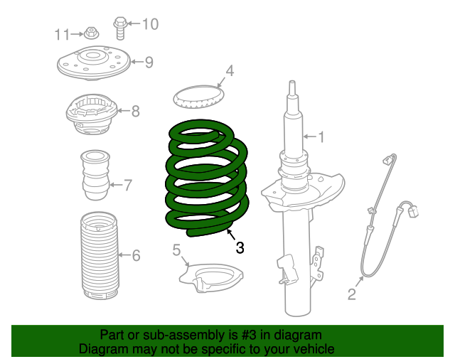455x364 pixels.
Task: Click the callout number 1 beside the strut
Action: pyautogui.click(x=320, y=135)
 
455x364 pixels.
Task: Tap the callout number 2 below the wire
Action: pyautogui.click(x=351, y=294)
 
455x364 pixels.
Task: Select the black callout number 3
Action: pyautogui.click(x=240, y=247)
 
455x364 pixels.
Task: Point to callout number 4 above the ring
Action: pyautogui.click(x=229, y=70)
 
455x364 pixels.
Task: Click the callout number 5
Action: pyautogui.click(x=176, y=250)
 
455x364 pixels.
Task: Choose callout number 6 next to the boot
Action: pyautogui.click(x=136, y=255)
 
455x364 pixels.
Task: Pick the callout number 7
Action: pyautogui.click(x=128, y=186)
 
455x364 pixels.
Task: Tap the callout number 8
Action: pyautogui.click(x=135, y=111)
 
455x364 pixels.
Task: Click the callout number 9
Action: pyautogui.click(x=149, y=63)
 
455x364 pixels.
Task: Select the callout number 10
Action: pyautogui.click(x=149, y=25)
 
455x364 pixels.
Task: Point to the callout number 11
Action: pyautogui.click(x=63, y=33)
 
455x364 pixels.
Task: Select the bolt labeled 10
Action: pyautogui.click(x=119, y=28)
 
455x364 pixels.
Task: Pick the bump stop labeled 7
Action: pyautogui.click(x=95, y=176)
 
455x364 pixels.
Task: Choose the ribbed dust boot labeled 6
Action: pyautogui.click(x=97, y=255)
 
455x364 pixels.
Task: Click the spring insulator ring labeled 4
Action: pyautogui.click(x=198, y=96)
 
